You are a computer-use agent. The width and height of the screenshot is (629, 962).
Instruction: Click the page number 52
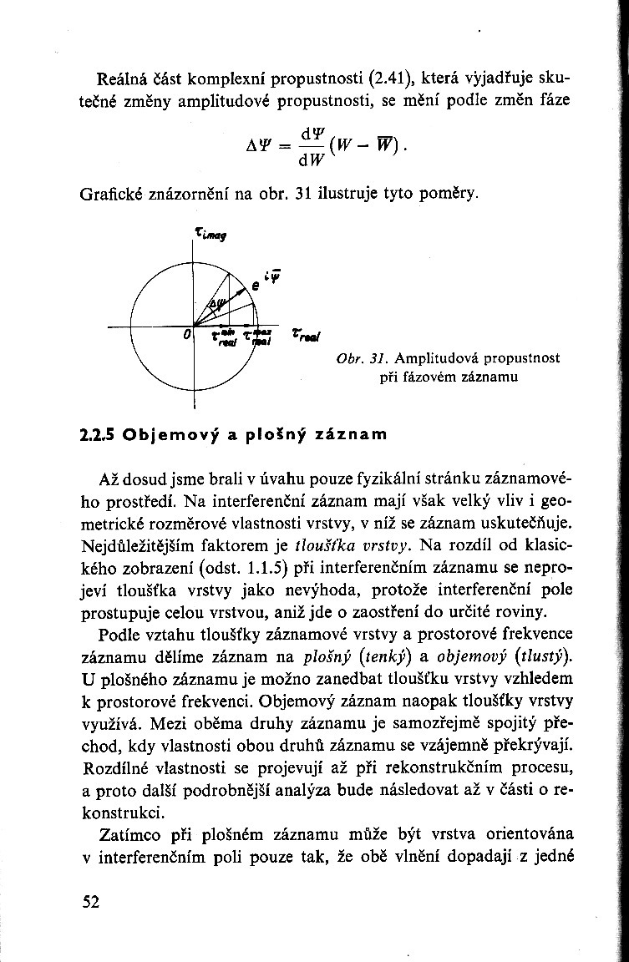pos(90,900)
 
